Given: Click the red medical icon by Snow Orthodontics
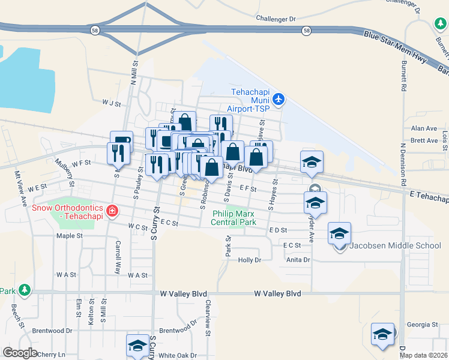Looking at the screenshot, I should pyautogui.click(x=112, y=211).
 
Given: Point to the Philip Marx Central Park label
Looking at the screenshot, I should pyautogui.click(x=234, y=217).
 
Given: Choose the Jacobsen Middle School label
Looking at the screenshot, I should pyautogui.click(x=396, y=245).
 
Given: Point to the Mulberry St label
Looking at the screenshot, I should pyautogui.click(x=63, y=172).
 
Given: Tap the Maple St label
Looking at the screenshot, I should pyautogui.click(x=69, y=236).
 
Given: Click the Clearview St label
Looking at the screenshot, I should pyautogui.click(x=208, y=314).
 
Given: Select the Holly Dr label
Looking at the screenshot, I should pyautogui.click(x=250, y=260).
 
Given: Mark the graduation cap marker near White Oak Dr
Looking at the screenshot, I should pyautogui.click(x=137, y=346).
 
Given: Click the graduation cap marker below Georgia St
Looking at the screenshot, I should pyautogui.click(x=382, y=335).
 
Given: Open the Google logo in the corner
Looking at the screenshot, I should pyautogui.click(x=20, y=353).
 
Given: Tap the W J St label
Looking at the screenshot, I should pyautogui.click(x=112, y=103).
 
